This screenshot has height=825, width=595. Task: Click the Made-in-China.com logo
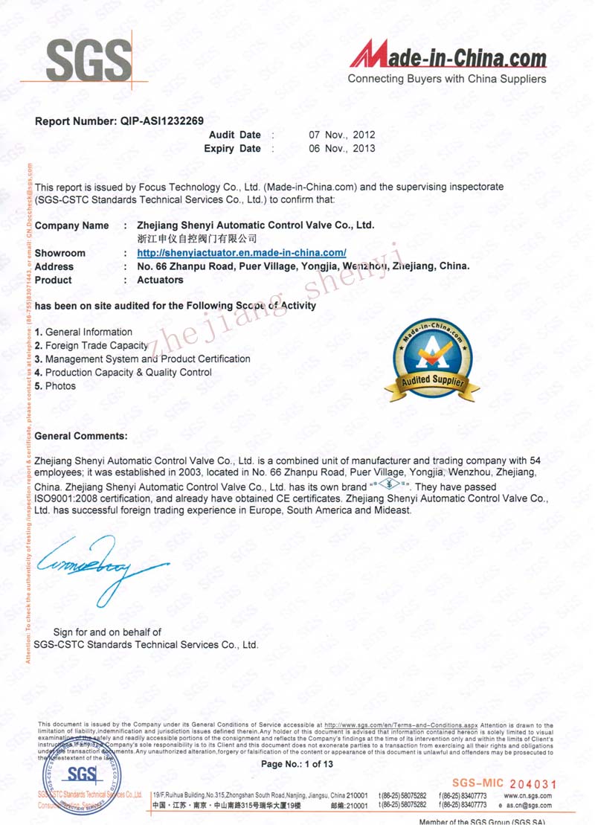[x=448, y=55]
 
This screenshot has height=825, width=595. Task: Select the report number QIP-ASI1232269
[x=156, y=120]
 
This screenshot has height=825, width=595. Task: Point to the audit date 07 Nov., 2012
[x=341, y=135]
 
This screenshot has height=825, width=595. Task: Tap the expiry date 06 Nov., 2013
[x=341, y=148]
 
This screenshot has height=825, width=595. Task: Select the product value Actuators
[x=160, y=280]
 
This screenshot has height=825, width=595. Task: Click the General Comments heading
[x=81, y=435]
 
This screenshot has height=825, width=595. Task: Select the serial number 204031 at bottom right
[x=530, y=783]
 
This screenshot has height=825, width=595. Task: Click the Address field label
[x=54, y=266]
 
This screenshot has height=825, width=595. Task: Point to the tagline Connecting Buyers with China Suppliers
[x=447, y=79]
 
